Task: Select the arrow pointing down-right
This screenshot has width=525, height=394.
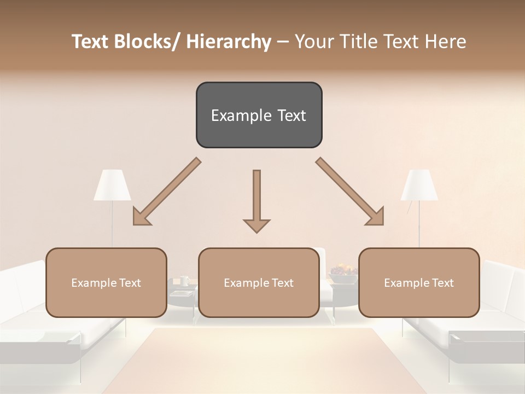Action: [x=350, y=192]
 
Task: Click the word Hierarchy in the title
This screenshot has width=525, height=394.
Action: [x=229, y=42]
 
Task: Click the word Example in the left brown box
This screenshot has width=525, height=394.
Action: [x=93, y=283]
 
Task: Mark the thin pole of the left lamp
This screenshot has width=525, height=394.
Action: [x=113, y=224]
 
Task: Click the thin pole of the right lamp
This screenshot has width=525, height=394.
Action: [x=419, y=224]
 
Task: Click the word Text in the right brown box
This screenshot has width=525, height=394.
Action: [x=442, y=283]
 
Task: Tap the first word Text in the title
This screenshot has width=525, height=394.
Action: [x=90, y=42]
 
